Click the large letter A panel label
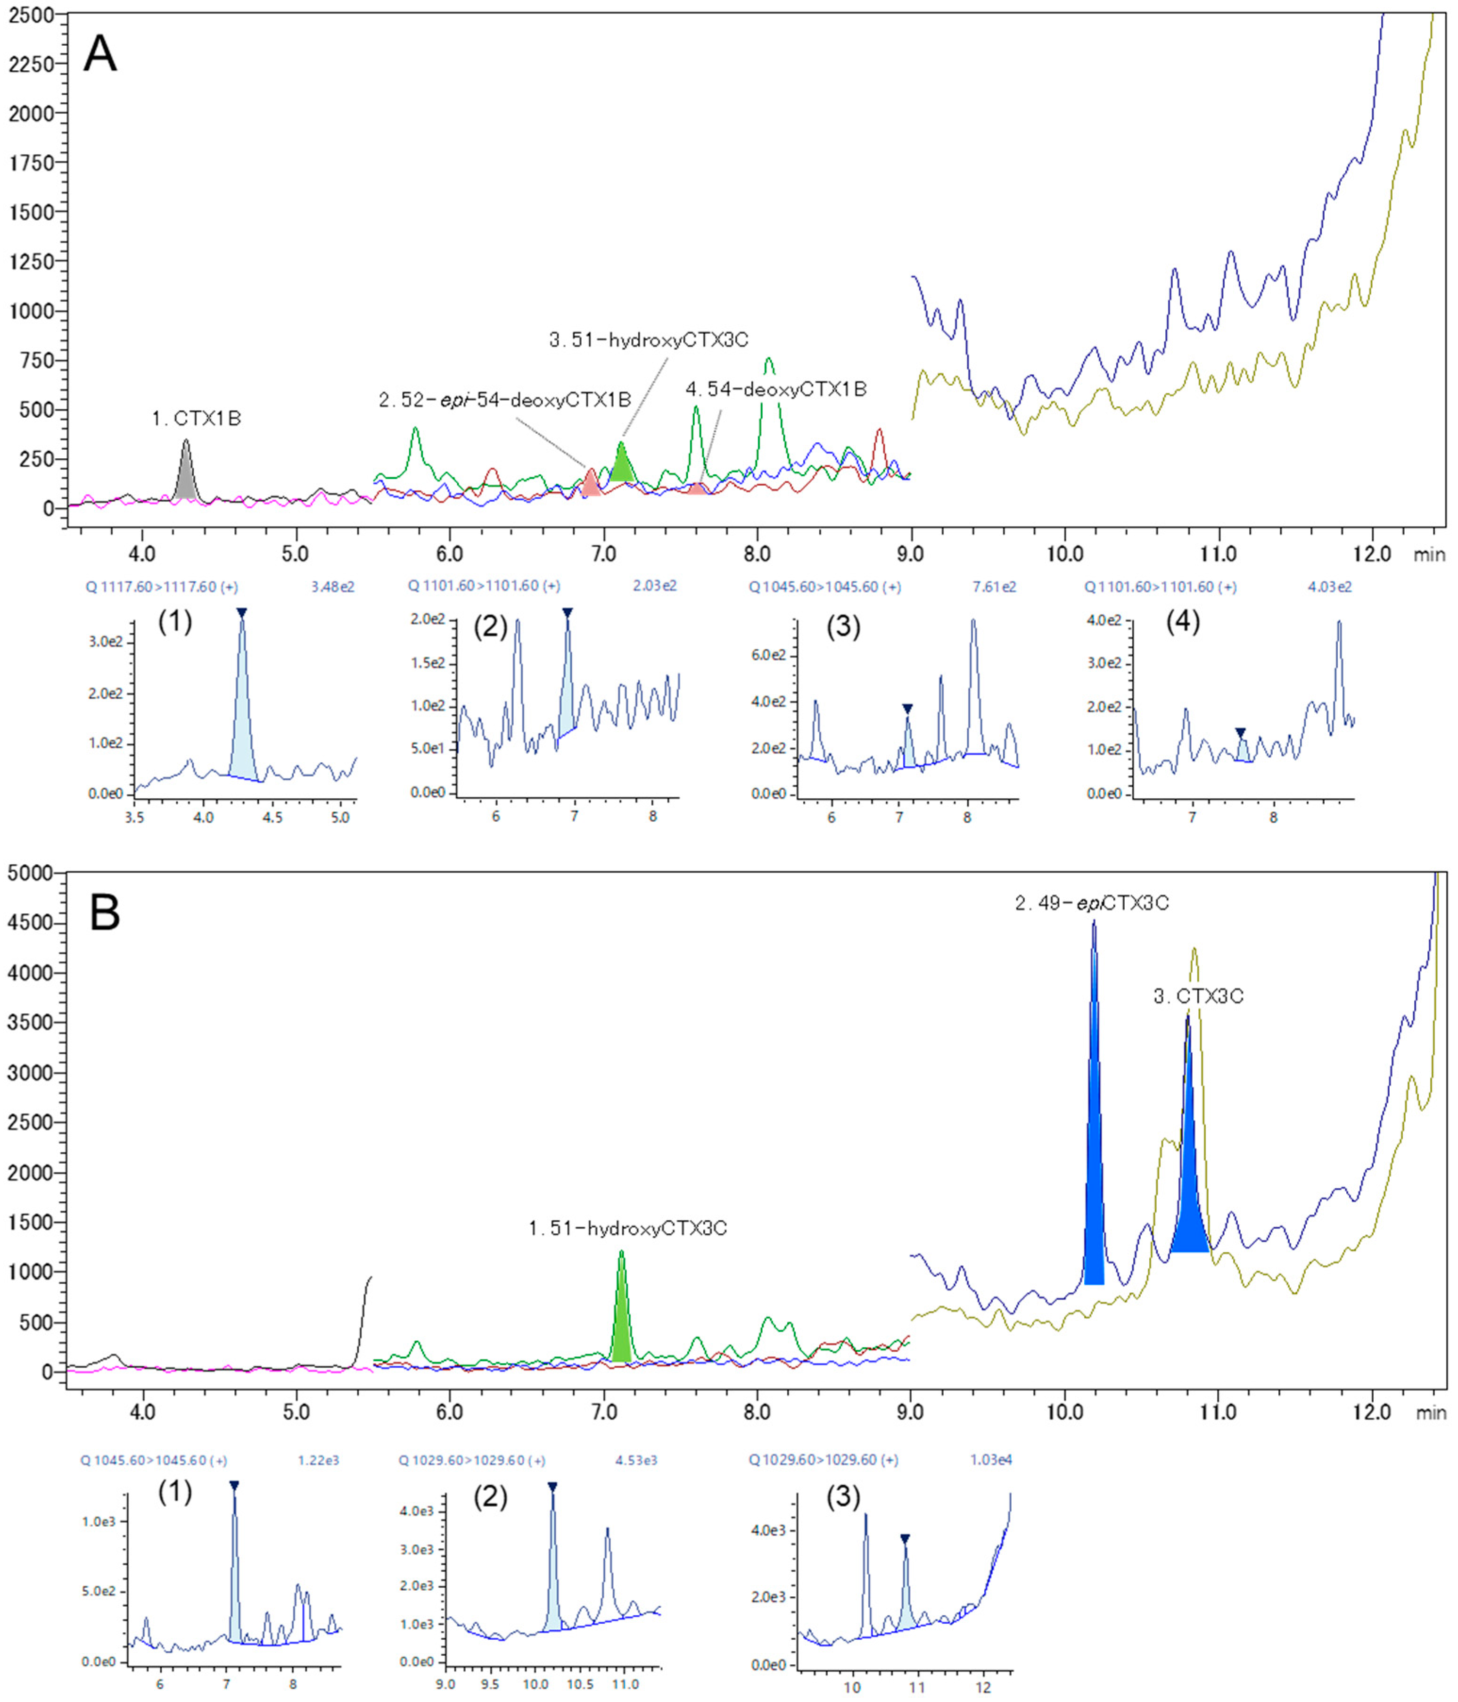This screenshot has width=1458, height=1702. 100,55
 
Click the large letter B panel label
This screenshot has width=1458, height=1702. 105,913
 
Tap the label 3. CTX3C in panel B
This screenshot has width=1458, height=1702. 1198,996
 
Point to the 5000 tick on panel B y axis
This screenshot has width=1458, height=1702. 31,873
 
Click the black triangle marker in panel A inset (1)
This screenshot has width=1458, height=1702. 241,613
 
